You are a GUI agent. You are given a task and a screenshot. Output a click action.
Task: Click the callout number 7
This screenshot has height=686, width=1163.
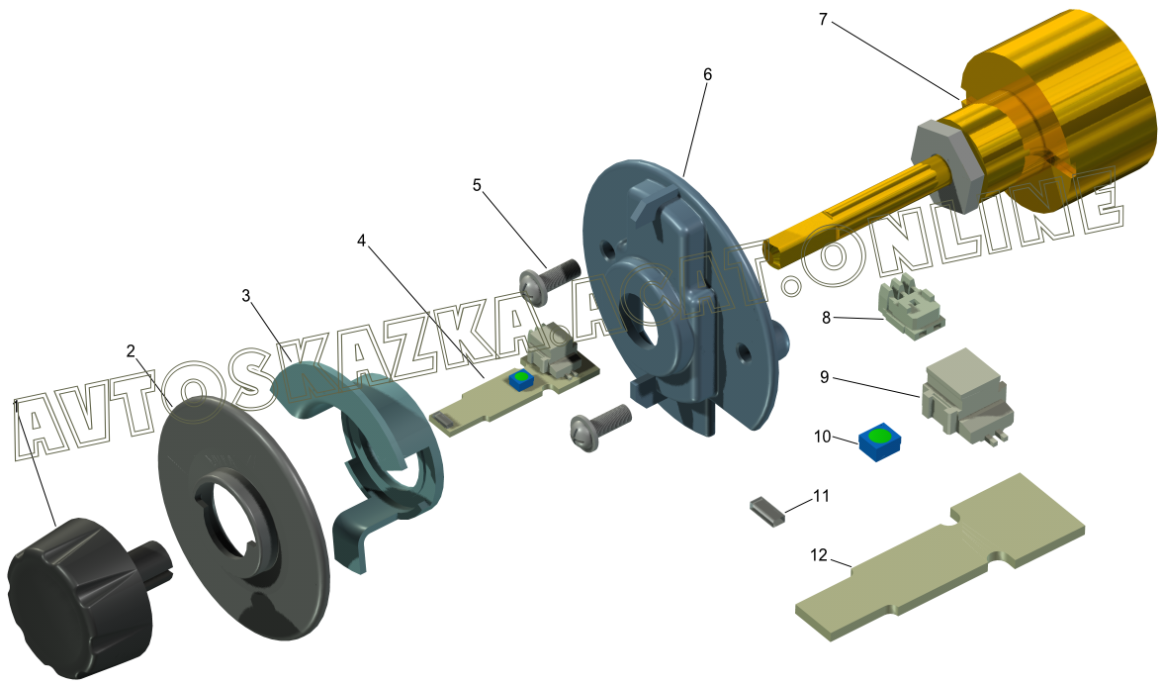coord(823,20)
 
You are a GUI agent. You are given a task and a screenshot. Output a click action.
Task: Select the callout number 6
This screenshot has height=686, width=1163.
coord(708,74)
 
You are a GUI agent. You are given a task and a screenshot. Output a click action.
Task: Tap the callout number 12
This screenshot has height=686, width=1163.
coord(818,554)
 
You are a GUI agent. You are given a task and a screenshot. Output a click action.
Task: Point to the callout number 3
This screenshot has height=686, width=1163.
coord(246,296)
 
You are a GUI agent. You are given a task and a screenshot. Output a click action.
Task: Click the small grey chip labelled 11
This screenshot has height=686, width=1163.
coord(767,512)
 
